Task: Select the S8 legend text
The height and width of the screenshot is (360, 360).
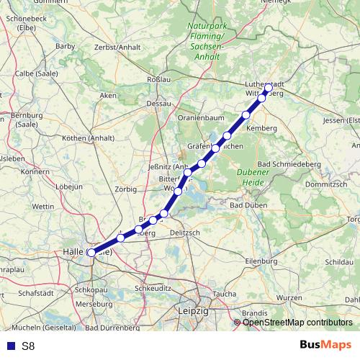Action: (28, 346)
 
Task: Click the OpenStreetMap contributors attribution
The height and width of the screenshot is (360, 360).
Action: (297, 323)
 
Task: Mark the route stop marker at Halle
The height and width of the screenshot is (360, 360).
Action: (91, 253)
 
